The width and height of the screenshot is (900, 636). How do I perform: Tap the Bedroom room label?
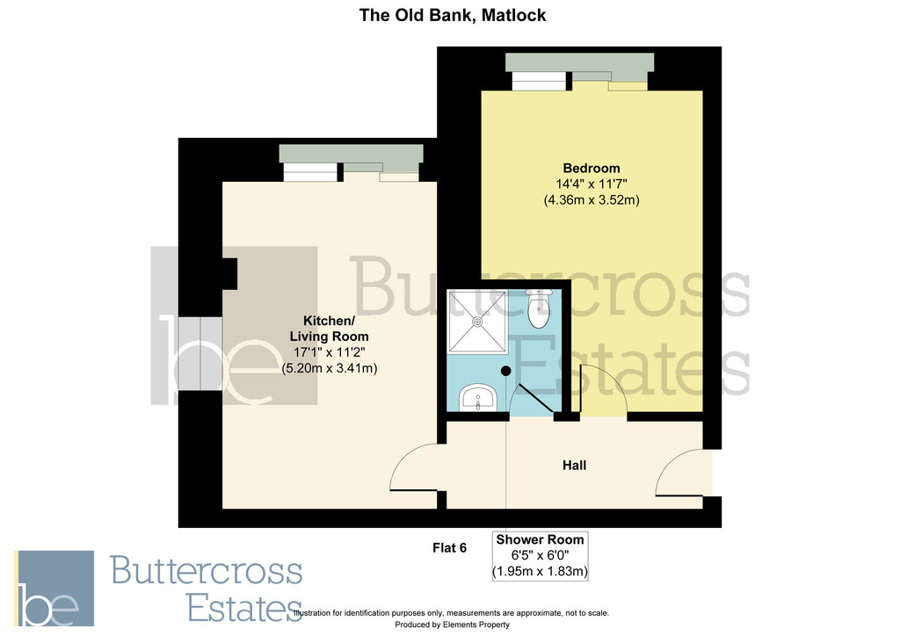591,168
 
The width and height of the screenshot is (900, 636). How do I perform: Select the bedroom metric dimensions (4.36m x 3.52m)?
591,200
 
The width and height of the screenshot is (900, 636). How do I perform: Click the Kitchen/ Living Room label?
330,328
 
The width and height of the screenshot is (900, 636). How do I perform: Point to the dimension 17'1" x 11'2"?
330,352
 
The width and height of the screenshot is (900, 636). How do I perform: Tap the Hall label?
574,465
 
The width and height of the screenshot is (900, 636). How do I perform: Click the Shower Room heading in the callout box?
539,539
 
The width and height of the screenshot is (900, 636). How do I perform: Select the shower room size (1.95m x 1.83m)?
539,572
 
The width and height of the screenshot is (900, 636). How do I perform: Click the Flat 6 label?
449,547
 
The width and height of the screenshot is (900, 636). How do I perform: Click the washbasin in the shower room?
480,398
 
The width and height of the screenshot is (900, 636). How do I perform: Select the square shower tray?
477,322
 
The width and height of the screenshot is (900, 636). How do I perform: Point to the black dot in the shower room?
505,371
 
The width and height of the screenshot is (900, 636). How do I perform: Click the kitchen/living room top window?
352,159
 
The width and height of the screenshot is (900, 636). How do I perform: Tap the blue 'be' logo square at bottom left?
54,589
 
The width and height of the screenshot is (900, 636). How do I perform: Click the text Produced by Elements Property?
451,625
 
